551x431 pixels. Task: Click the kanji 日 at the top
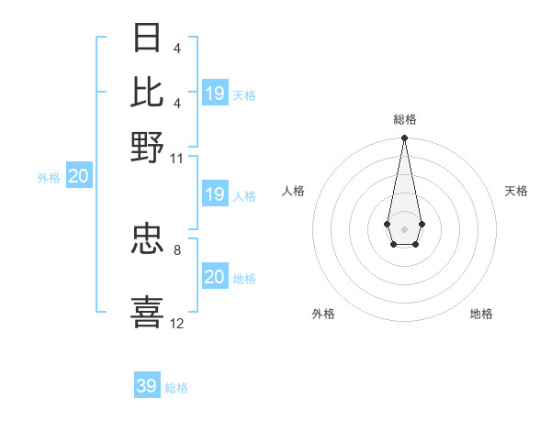[147, 38]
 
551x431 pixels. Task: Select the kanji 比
[147, 92]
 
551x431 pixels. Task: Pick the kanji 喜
[147, 311]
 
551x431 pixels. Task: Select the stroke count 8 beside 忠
[176, 248]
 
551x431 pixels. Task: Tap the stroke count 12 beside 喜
[177, 323]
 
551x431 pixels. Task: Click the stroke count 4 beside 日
[176, 48]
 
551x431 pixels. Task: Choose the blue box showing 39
[147, 386]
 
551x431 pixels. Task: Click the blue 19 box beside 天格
[215, 94]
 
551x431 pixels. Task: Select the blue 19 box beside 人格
[215, 194]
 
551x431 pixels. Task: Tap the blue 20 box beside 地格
[215, 277]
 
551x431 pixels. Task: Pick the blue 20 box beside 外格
[78, 177]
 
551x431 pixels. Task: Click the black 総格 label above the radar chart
[404, 120]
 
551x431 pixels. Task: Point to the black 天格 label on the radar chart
[516, 191]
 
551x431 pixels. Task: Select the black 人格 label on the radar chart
[293, 191]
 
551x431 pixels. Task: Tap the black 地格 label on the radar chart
[481, 314]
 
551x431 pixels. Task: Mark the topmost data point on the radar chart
[404, 138]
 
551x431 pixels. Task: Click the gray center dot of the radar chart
[404, 227]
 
